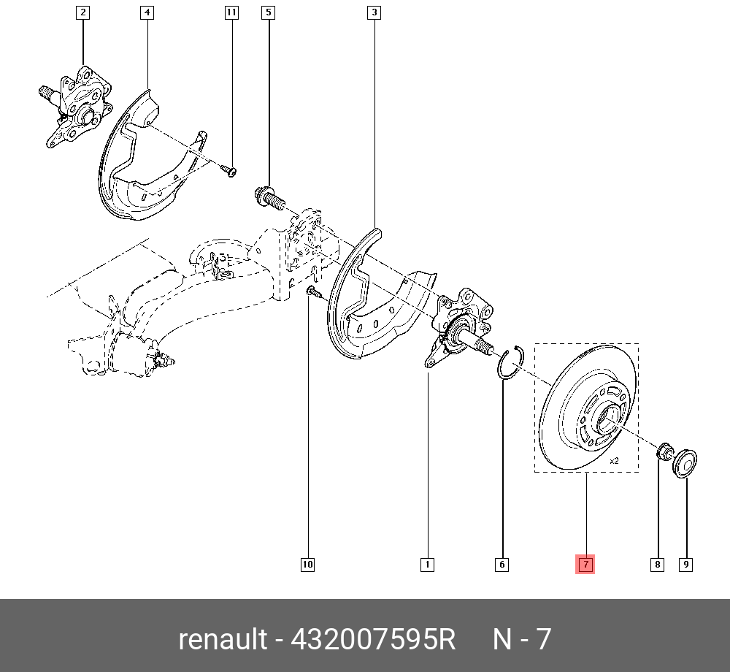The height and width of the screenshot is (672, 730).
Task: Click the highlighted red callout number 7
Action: (585, 564)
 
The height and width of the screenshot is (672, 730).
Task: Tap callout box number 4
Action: (147, 12)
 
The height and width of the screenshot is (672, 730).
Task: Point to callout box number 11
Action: (231, 12)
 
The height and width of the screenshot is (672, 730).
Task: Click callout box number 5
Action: (269, 12)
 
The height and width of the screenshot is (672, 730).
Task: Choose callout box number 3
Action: (374, 12)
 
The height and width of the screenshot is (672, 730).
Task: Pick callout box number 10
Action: (308, 564)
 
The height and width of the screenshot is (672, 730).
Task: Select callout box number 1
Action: (427, 564)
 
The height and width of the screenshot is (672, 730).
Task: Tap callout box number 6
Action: (502, 564)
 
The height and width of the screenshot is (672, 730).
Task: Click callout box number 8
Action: (658, 564)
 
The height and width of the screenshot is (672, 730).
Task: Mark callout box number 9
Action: (686, 564)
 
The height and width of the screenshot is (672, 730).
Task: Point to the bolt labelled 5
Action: (269, 196)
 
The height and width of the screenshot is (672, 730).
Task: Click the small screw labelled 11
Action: (228, 170)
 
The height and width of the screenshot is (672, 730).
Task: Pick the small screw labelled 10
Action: (313, 292)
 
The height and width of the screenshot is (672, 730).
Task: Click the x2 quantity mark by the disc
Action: (614, 461)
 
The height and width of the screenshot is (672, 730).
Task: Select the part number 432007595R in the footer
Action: (373, 639)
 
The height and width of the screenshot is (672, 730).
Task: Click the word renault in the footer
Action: (223, 639)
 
